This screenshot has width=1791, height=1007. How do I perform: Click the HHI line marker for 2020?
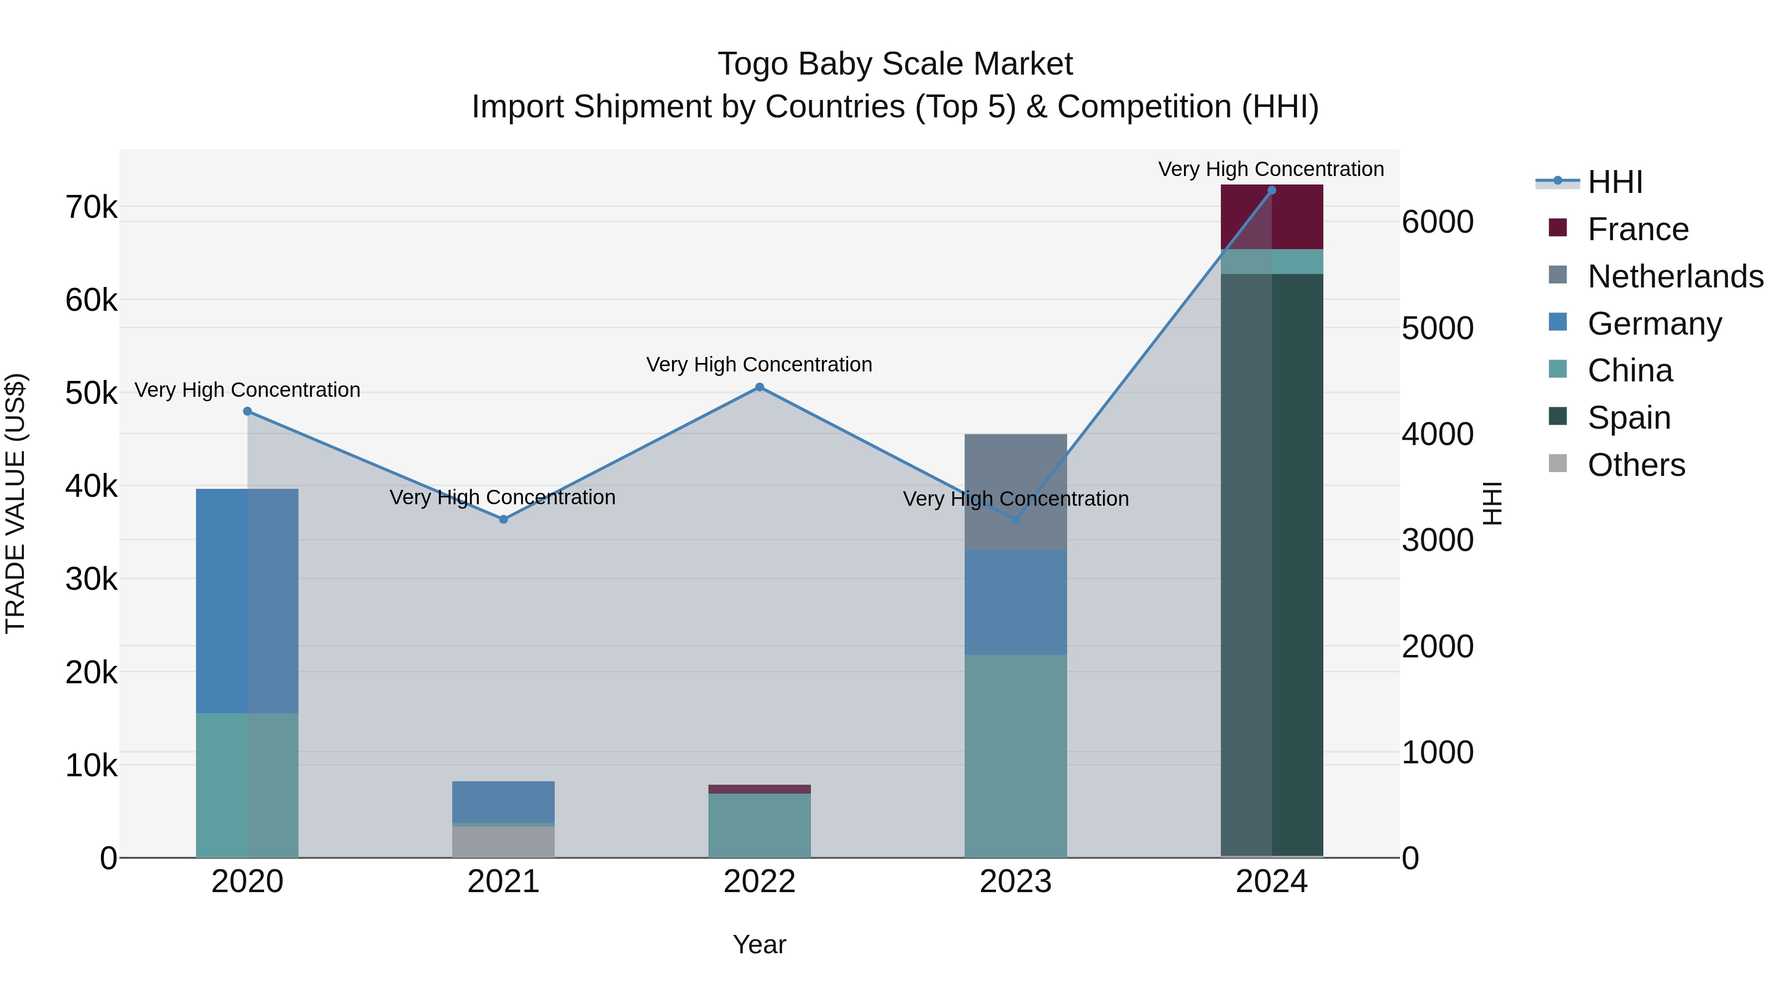click(248, 411)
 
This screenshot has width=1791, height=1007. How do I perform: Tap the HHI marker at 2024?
click(1272, 190)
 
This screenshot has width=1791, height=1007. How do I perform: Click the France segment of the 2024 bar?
click(1272, 217)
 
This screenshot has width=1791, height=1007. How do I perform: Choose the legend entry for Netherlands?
click(1675, 276)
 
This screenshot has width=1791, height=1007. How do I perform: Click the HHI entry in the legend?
click(1614, 182)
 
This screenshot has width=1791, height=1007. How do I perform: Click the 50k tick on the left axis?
click(91, 393)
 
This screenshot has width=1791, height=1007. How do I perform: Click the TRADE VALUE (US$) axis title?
click(16, 503)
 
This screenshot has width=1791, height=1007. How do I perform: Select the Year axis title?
click(759, 944)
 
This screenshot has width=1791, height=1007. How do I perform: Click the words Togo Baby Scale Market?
click(895, 64)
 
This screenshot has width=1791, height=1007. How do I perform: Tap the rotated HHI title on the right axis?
click(1492, 503)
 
